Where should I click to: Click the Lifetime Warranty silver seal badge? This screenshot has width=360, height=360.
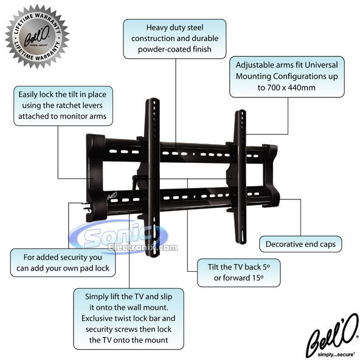37,36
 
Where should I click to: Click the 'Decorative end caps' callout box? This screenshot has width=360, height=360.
300,244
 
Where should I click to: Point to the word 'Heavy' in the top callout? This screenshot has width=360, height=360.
156,28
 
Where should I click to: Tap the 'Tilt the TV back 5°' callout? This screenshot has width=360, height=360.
238,273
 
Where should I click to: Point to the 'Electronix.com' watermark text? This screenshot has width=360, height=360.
143,247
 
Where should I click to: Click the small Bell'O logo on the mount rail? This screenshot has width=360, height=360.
112,196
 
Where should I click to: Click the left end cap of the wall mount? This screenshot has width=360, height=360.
95,178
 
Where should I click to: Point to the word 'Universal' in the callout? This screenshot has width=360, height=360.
321,65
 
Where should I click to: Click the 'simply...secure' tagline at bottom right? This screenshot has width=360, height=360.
336,355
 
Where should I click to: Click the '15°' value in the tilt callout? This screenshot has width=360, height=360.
258,278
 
